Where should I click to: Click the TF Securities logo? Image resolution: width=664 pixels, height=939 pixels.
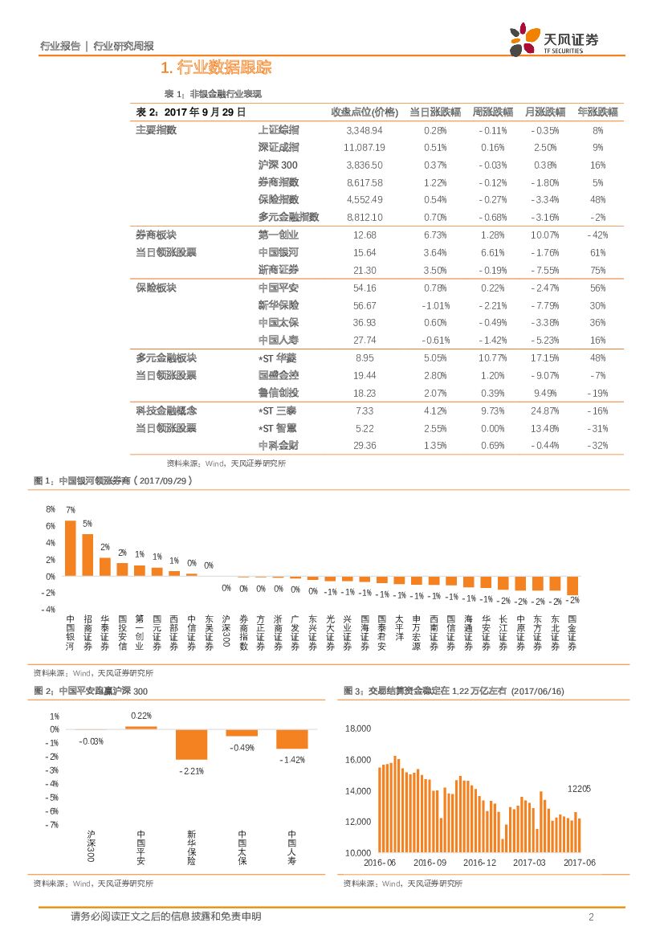554,39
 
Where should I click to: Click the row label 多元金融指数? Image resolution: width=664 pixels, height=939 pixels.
288,217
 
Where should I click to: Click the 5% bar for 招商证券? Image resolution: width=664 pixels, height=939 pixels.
88,555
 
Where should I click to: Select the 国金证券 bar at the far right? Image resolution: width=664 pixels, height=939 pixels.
572,586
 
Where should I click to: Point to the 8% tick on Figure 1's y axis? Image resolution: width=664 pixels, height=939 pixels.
51,509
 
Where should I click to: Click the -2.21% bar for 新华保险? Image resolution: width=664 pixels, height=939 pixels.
191,745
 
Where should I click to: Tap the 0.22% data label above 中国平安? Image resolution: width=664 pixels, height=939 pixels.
141,716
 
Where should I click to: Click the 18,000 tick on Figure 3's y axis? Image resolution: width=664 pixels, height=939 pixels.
357,729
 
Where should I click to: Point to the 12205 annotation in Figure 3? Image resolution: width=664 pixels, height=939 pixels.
579,789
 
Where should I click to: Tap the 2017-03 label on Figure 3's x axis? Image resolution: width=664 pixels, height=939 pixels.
529,863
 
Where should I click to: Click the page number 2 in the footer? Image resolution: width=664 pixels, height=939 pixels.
591,917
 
